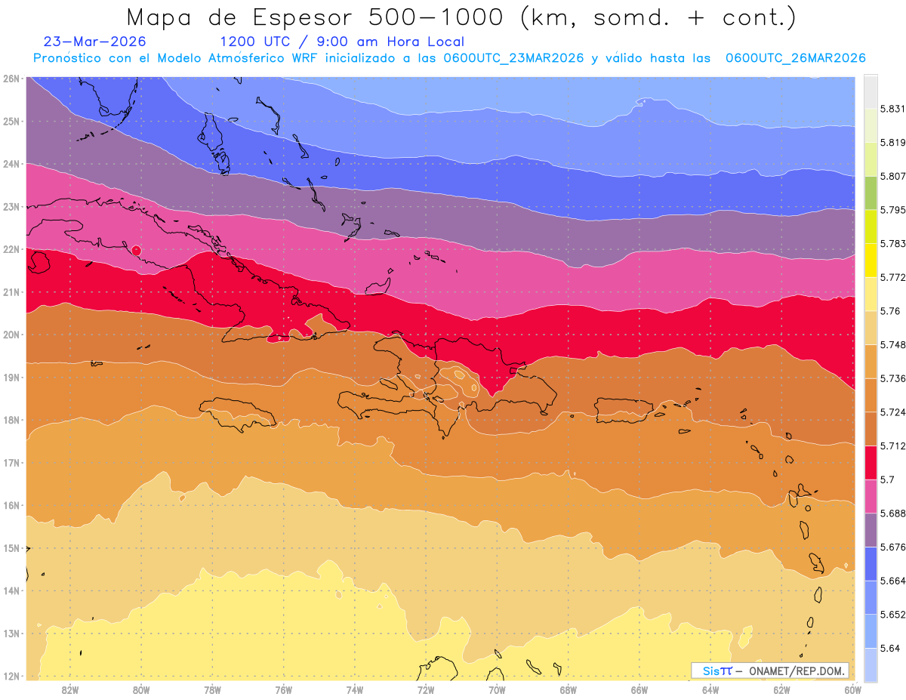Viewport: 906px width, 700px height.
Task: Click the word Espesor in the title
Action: (302, 18)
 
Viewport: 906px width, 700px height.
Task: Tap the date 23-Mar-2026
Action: (94, 42)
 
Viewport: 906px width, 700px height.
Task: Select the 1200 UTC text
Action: (254, 42)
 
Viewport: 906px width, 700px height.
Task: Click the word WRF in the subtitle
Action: (304, 58)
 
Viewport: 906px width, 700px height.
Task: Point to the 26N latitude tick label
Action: (11, 79)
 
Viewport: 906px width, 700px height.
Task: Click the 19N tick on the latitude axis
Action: (11, 378)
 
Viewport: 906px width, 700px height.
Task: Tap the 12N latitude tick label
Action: (11, 677)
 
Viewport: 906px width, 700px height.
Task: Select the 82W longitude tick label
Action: (70, 690)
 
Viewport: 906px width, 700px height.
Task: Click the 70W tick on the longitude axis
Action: (497, 690)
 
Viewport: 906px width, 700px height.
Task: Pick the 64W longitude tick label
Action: (710, 690)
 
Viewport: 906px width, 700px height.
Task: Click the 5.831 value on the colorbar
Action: (892, 109)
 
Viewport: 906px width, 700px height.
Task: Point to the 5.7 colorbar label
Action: (887, 480)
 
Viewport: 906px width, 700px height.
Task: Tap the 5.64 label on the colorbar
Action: (890, 649)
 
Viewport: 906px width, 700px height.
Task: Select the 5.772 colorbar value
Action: (892, 278)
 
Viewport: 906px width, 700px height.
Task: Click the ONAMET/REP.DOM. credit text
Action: (797, 671)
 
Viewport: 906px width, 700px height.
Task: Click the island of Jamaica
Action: (238, 413)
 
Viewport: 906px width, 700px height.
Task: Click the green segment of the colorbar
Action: (871, 193)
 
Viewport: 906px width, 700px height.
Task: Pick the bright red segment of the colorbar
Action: (871, 463)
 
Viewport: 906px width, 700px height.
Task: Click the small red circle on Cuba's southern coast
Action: (137, 251)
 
